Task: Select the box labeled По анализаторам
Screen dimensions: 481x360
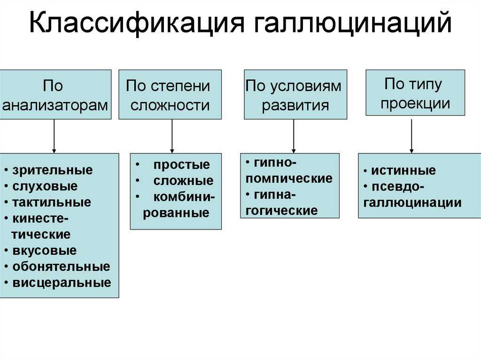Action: [55, 94]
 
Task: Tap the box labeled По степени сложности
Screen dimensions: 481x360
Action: [170, 94]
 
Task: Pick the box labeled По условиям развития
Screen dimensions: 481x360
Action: [295, 94]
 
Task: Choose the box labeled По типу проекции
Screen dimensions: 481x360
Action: [415, 92]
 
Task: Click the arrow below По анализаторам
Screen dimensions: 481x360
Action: [54, 136]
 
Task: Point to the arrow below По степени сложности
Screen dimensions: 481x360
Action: [172, 136]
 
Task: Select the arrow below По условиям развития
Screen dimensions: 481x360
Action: [294, 136]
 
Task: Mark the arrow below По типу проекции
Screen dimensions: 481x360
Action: [411, 136]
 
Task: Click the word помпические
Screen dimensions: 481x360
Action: [289, 178]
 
